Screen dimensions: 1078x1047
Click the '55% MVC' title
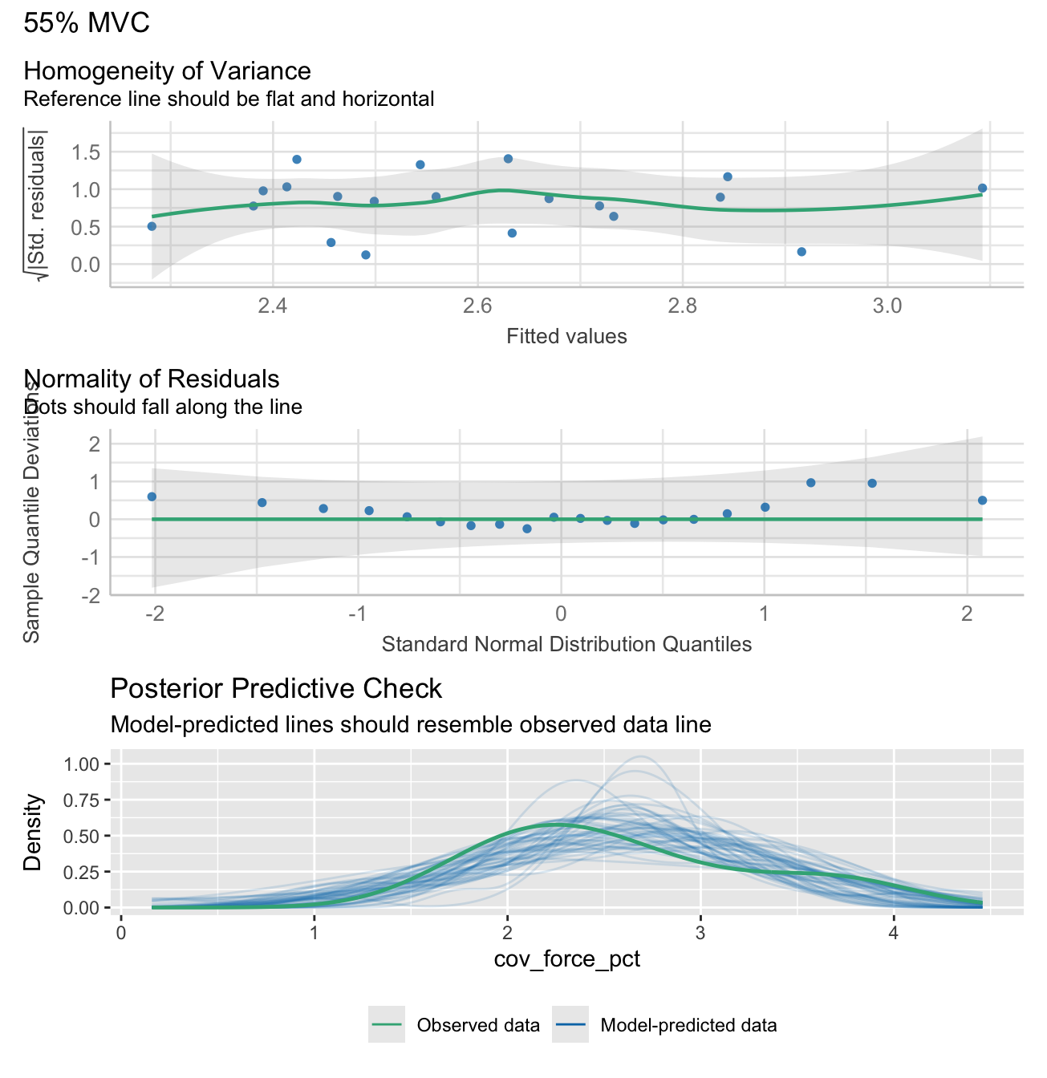[87, 23]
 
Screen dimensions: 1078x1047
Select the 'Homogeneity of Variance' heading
[167, 71]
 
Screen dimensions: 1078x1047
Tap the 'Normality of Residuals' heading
[152, 379]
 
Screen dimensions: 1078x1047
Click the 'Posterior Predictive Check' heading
[276, 689]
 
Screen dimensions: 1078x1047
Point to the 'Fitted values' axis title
[566, 336]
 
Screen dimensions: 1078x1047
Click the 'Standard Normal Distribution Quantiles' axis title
[566, 644]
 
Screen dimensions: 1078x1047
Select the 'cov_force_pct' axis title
[566, 958]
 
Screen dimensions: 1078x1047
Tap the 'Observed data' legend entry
[478, 1025]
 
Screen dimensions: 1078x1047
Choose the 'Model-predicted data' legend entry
[688, 1025]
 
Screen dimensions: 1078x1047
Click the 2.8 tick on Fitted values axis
[683, 306]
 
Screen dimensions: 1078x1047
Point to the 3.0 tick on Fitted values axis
[887, 306]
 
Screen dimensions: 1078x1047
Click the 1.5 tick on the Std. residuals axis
[85, 152]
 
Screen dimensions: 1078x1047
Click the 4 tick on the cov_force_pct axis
[893, 934]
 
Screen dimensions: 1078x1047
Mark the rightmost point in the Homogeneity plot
[982, 188]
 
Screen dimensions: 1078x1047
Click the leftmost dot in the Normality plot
[152, 497]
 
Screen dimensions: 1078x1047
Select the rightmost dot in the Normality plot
[982, 500]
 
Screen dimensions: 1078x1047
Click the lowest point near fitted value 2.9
[801, 252]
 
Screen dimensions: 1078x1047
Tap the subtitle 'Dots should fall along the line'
[163, 407]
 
